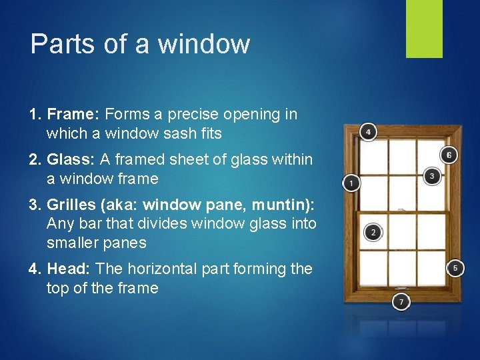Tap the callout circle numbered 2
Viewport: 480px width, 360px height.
click(x=373, y=232)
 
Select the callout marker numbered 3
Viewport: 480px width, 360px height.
click(x=432, y=176)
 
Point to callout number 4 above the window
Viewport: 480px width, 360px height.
click(x=367, y=131)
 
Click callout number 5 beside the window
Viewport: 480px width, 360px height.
click(x=455, y=268)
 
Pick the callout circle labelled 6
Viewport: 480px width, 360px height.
click(x=449, y=155)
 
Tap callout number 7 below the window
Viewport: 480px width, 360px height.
click(x=401, y=302)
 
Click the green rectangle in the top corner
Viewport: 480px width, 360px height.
click(x=424, y=29)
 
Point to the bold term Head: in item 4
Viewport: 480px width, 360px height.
click(x=70, y=269)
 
